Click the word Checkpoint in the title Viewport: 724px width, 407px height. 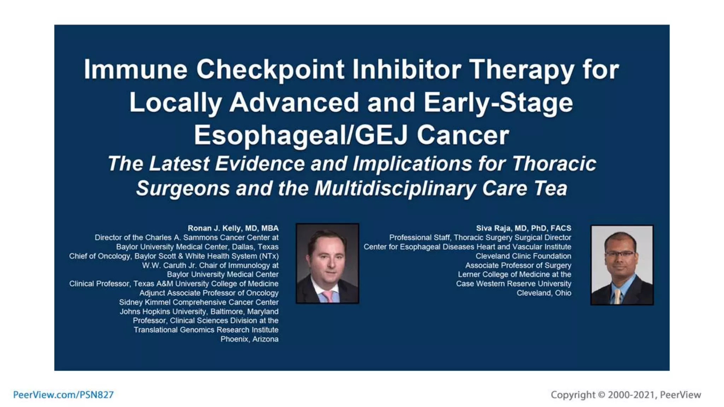pyautogui.click(x=270, y=70)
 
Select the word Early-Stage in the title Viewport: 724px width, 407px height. pyautogui.click(x=498, y=102)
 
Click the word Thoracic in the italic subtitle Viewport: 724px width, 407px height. pyautogui.click(x=554, y=164)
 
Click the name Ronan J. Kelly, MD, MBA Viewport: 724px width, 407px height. pyautogui.click(x=233, y=228)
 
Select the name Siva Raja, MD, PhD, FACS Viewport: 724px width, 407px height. pyautogui.click(x=523, y=228)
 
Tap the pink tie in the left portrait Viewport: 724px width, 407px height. pyautogui.click(x=327, y=296)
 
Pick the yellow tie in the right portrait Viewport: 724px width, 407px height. pyautogui.click(x=617, y=297)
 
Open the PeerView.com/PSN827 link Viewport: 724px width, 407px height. pyautogui.click(x=63, y=395)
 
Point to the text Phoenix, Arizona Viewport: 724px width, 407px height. pyautogui.click(x=249, y=339)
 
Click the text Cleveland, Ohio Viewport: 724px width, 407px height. pyautogui.click(x=544, y=293)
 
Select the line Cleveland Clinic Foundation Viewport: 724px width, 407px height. pyautogui.click(x=523, y=256)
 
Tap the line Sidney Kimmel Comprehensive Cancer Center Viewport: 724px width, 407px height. pyautogui.click(x=199, y=302)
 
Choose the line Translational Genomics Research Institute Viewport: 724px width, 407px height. pyautogui.click(x=206, y=330)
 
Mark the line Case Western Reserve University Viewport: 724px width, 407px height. pyautogui.click(x=513, y=284)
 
